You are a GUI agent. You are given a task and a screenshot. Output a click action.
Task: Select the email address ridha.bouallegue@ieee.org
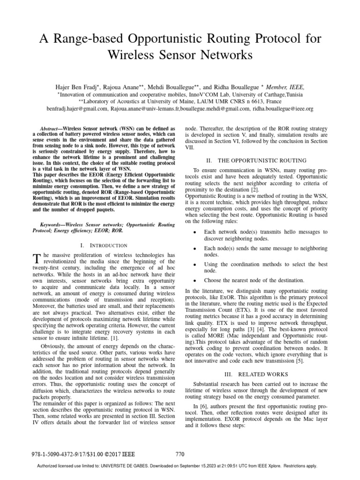click(x=283, y=109)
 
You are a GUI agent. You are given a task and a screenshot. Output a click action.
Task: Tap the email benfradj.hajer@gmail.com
click(x=78, y=109)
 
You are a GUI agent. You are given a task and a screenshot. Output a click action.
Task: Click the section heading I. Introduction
click(x=104, y=245)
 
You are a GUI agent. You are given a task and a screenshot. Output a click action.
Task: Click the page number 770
click(x=180, y=454)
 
